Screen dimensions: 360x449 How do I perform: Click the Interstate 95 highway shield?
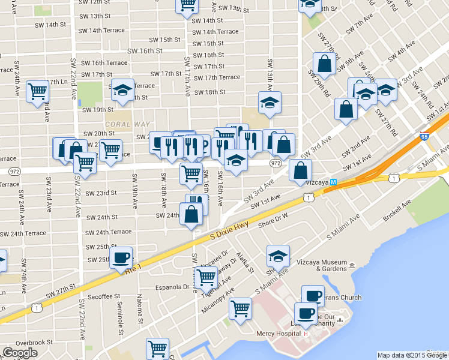pos(424,137)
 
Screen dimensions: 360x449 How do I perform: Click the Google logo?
pos(20,353)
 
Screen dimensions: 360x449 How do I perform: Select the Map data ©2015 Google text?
pos(412,355)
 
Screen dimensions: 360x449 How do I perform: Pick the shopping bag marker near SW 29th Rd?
pos(324,65)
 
